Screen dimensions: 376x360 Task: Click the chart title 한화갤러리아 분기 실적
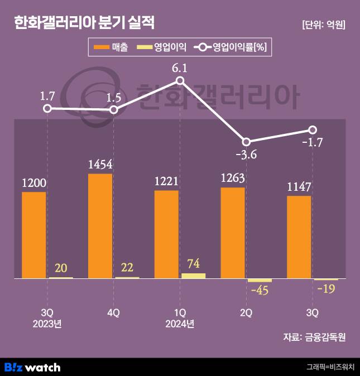point(84,23)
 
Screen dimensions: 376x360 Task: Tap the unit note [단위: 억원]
point(323,25)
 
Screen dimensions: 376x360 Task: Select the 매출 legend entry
point(111,48)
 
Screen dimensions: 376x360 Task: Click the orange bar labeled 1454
point(100,225)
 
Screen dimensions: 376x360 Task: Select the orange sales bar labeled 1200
point(33,234)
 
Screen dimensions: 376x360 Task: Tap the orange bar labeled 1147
point(299,237)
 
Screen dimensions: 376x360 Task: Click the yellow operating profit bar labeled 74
point(193,275)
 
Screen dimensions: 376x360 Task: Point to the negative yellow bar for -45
point(260,280)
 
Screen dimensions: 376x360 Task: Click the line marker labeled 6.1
point(180,81)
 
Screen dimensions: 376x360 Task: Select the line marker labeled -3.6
point(246,142)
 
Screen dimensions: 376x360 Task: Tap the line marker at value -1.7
point(312,130)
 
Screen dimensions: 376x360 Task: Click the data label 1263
point(233,178)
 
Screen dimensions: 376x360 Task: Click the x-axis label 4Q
point(113,313)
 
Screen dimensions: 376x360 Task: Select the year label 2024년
point(180,324)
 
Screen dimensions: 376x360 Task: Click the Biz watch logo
point(32,367)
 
